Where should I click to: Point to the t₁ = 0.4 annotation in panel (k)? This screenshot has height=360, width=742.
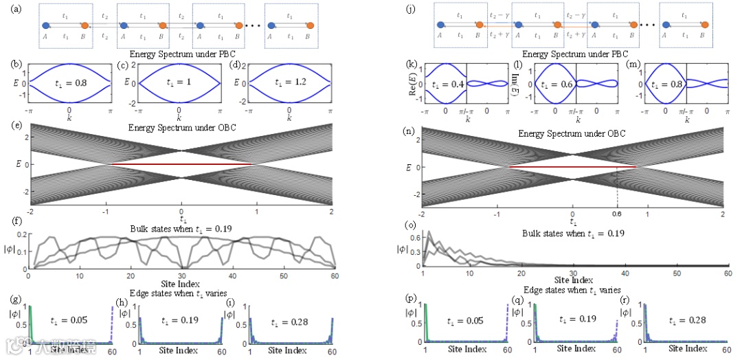pos(445,85)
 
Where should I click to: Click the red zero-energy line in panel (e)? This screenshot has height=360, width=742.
pos(181,165)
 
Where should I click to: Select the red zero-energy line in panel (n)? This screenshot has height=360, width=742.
pos(572,167)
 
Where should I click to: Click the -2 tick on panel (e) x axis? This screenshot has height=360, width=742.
pos(30,211)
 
